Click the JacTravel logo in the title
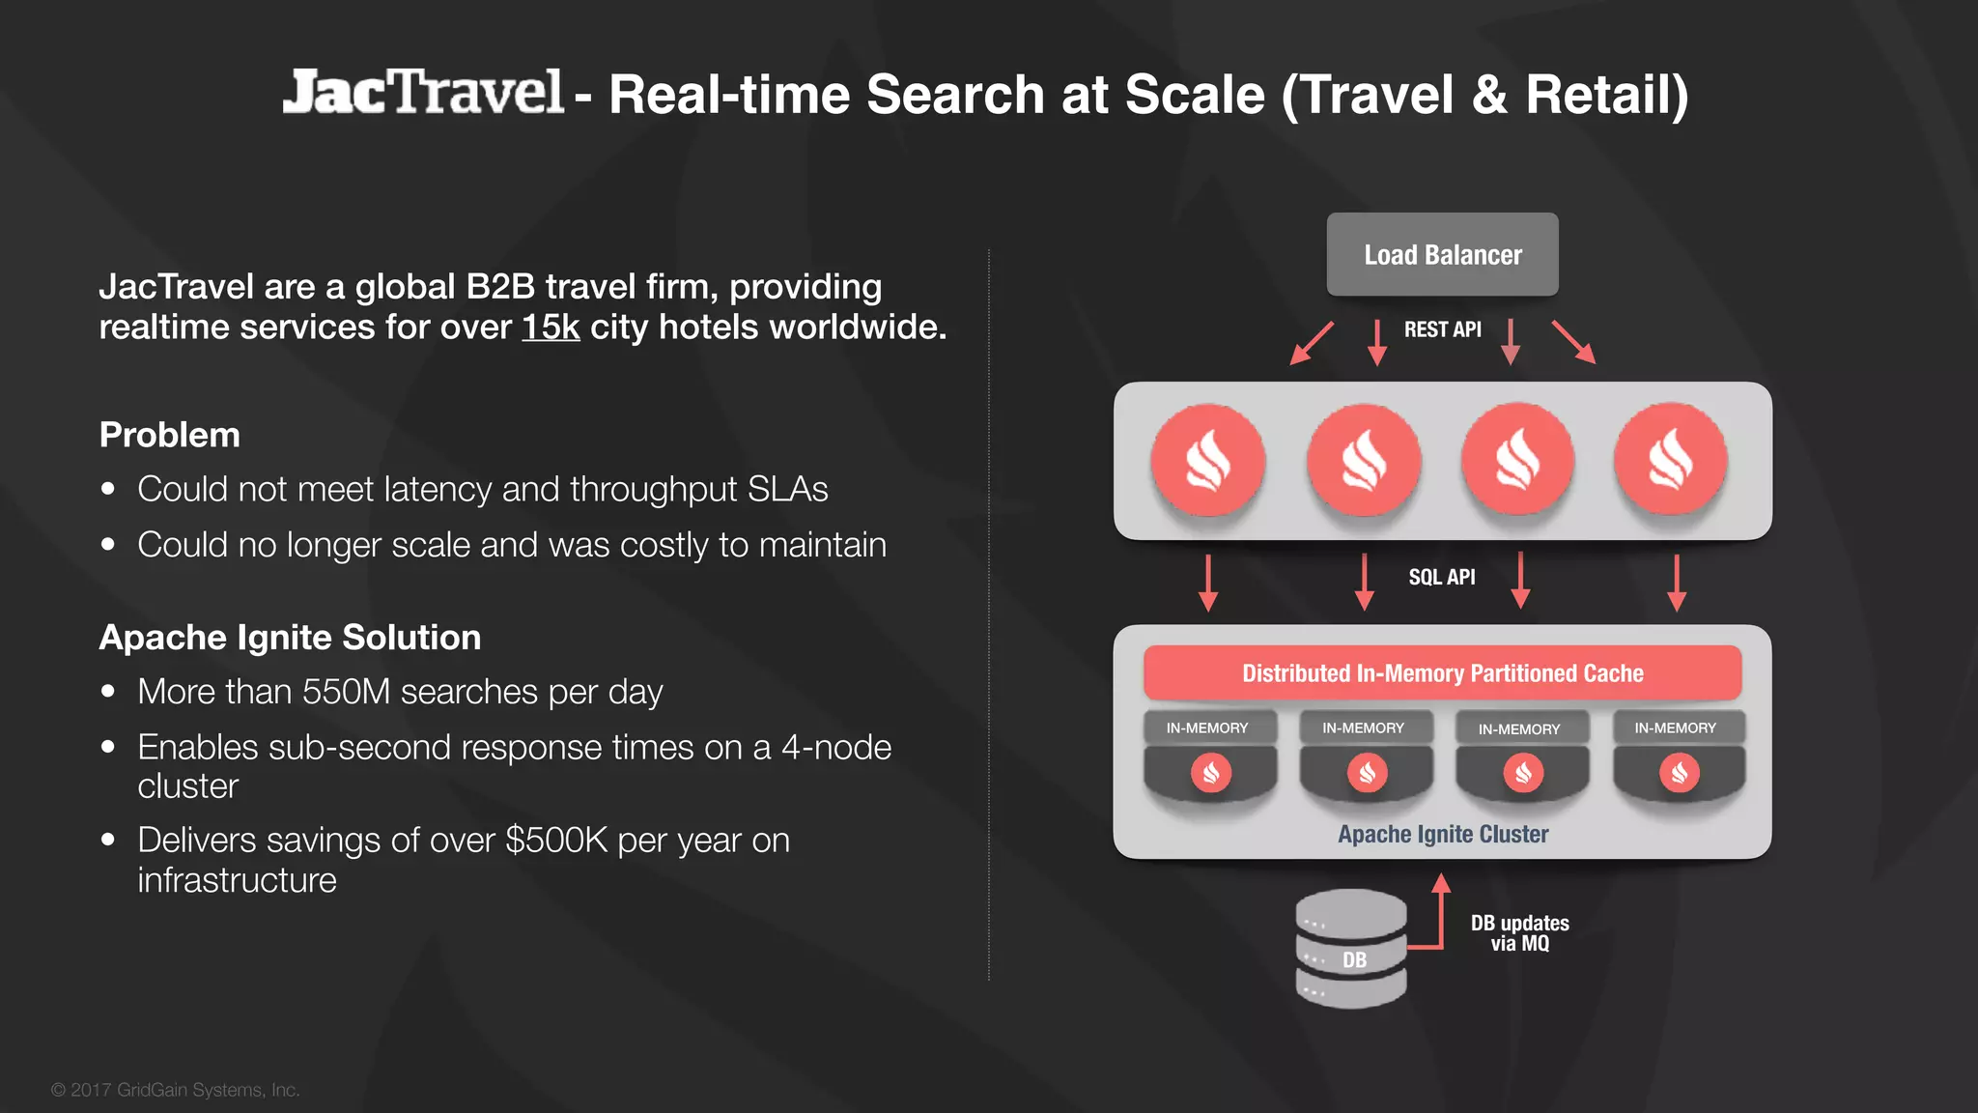[422, 93]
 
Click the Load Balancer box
[1442, 254]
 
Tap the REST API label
[1442, 329]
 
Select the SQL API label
[1441, 577]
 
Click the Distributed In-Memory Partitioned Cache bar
[1442, 673]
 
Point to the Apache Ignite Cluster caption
[1442, 834]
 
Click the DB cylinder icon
[1350, 949]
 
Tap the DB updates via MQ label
[1519, 933]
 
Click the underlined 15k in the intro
[551, 328]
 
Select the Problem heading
[170, 435]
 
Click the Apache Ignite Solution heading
[290, 638]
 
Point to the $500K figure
[556, 841]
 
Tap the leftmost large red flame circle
[1208, 460]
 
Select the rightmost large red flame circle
[1671, 460]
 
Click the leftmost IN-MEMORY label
[1207, 728]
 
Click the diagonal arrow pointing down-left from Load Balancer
[1312, 344]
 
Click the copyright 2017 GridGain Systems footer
[176, 1090]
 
